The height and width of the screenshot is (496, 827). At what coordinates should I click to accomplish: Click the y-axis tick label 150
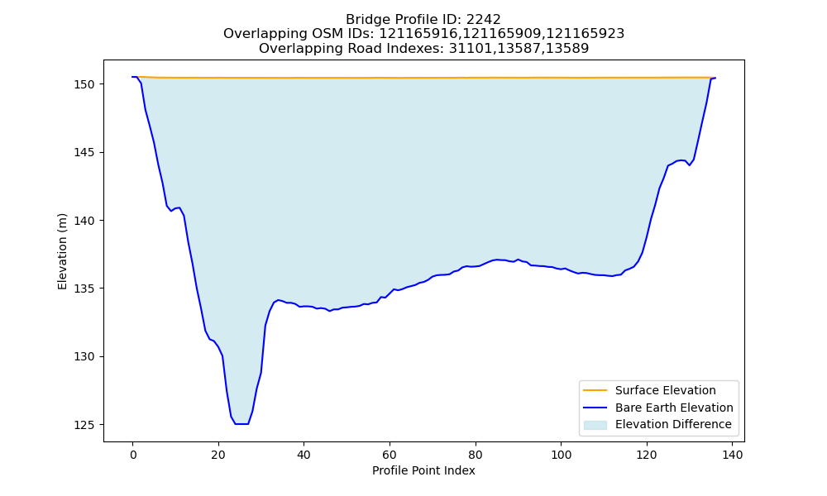point(84,84)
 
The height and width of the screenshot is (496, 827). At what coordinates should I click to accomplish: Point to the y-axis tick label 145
point(84,152)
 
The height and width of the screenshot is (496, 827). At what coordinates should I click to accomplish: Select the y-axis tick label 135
point(84,289)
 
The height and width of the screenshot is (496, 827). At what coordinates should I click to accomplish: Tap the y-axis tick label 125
point(84,425)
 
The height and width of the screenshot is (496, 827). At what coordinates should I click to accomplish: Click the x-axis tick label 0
point(132,455)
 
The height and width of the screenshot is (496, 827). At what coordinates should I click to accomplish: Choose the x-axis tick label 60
point(390,455)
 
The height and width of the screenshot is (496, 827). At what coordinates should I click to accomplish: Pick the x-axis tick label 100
point(562,455)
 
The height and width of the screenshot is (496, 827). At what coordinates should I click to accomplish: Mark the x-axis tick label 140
point(733,455)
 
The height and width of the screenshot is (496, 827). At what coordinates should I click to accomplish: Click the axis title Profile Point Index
point(423,470)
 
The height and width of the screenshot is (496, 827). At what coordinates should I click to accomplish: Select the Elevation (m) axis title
point(62,251)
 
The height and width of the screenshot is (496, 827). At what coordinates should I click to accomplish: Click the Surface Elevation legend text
point(666,390)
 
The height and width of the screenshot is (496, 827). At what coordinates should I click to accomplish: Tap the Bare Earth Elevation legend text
point(674,408)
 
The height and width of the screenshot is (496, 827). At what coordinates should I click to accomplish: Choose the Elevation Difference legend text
point(673,424)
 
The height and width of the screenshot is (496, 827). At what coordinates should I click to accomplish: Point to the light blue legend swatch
point(595,425)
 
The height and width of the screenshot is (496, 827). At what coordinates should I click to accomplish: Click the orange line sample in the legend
point(595,390)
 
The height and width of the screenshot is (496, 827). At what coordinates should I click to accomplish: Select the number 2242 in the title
point(483,20)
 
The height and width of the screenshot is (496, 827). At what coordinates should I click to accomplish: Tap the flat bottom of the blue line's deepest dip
point(241,424)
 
